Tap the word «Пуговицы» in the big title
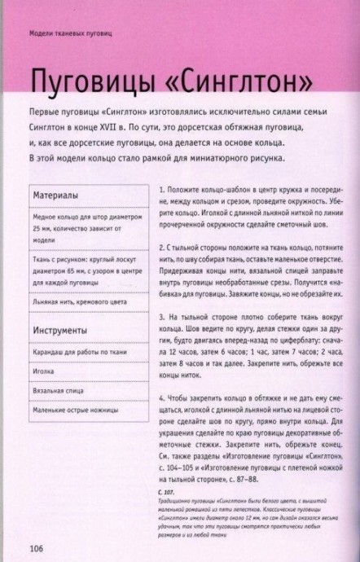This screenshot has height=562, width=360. click(x=81, y=83)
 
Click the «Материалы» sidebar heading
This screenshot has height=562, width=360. click(x=56, y=196)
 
